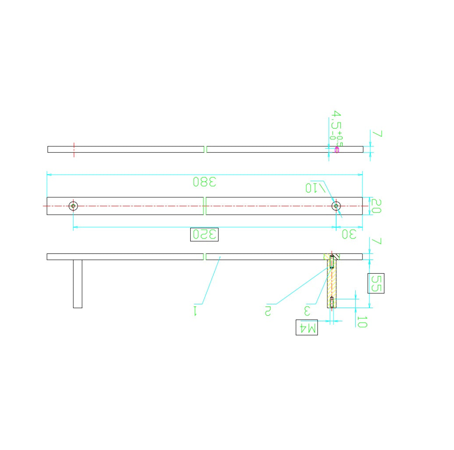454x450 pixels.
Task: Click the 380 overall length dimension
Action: (x=205, y=182)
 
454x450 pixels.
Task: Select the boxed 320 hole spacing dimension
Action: (x=204, y=234)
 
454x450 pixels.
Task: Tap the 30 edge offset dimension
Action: (x=349, y=234)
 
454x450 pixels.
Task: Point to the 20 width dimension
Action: (x=376, y=206)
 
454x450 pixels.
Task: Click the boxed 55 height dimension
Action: (x=376, y=283)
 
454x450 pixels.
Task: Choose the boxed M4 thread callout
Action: (x=307, y=327)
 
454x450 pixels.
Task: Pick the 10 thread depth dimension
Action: (x=362, y=322)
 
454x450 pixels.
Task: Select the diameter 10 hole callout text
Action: (x=316, y=188)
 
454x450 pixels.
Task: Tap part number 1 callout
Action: (x=195, y=310)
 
